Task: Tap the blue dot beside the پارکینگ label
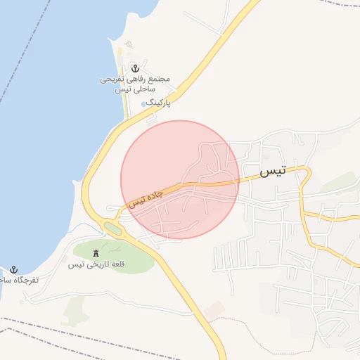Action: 144,103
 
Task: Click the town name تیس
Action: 273,172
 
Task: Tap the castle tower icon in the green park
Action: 96,252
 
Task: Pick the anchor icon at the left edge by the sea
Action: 13,269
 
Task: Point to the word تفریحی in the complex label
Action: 112,80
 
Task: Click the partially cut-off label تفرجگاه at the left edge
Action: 20,280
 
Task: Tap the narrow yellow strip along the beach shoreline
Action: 120,56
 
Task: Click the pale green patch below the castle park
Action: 74,309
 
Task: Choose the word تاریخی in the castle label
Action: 96,265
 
